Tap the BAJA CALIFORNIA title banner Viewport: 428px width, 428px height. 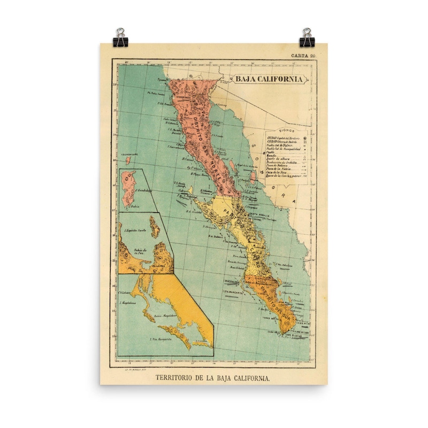(x=269, y=79)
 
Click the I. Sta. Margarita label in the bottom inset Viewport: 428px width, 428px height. (x=160, y=340)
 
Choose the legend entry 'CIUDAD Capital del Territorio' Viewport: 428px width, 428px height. (x=284, y=137)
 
